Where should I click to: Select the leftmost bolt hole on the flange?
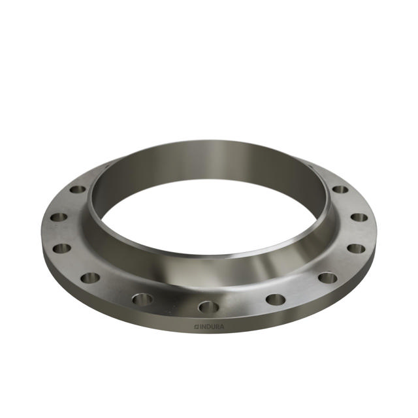pos(58,217)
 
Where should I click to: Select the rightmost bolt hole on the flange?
pos(359,217)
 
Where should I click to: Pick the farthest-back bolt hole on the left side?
pos(78,189)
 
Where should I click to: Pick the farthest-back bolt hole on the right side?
pos(340,189)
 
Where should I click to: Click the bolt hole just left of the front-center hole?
pos(142,299)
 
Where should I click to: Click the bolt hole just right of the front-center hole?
pos(276,299)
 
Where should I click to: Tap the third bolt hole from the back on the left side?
pos(62,248)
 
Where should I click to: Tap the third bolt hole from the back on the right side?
pos(356,248)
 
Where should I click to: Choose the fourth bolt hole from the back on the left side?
pos(90,278)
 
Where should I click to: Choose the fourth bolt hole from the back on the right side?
pos(328,278)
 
